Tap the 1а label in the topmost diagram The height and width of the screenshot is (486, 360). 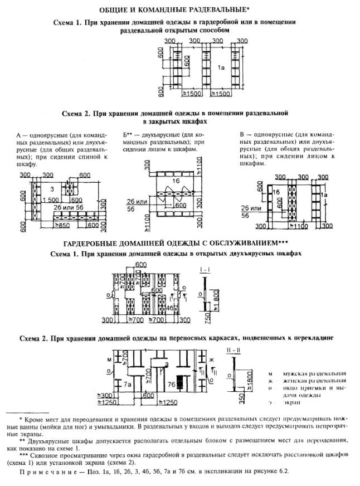[221, 67]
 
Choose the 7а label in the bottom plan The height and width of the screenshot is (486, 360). [127, 385]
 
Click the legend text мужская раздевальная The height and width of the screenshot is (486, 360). [314, 373]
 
